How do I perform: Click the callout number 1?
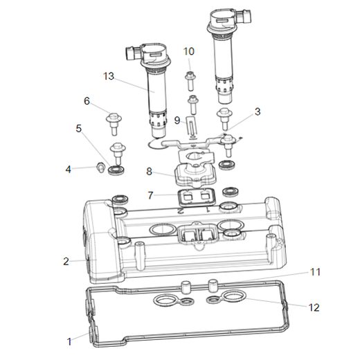coord(69,341)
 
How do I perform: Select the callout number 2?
coord(66,261)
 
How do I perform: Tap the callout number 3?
coord(258,111)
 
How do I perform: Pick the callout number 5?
coord(79,128)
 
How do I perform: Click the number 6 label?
coord(87,101)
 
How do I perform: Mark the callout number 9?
coord(177,120)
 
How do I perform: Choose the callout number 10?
coord(189,51)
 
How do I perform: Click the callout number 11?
coord(315,272)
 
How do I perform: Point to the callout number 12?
coord(315,305)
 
